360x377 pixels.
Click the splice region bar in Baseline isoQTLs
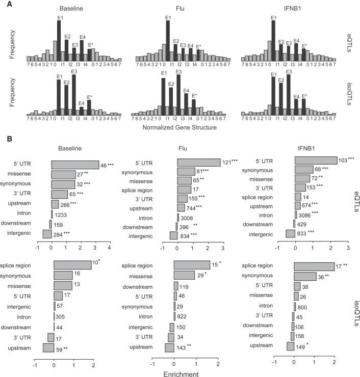point(73,265)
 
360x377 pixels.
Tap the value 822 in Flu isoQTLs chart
point(182,316)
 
